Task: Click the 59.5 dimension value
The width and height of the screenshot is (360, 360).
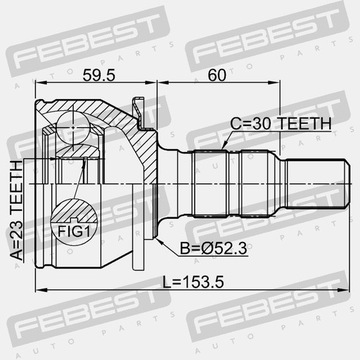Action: (99, 76)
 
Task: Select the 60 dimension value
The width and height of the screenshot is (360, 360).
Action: (217, 76)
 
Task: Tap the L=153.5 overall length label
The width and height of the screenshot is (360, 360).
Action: (193, 283)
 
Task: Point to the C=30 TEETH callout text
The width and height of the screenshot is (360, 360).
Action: (281, 124)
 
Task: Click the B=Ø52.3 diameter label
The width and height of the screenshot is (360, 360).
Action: (214, 249)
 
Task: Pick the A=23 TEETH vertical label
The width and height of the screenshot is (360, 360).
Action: (17, 211)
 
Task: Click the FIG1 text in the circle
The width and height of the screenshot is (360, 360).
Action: (74, 231)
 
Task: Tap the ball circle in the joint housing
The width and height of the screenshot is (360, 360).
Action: (73, 128)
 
